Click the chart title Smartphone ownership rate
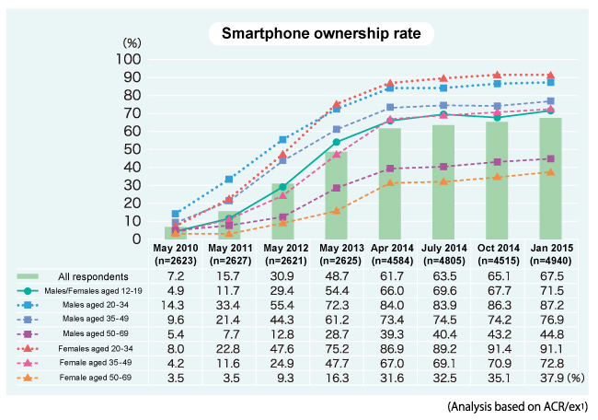[x=315, y=34]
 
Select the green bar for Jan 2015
[x=550, y=179]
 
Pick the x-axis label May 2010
[x=176, y=250]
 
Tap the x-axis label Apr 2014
[x=390, y=250]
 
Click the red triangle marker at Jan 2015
[x=550, y=76]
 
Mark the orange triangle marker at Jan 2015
[x=550, y=172]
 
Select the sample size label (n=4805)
[x=443, y=261]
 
